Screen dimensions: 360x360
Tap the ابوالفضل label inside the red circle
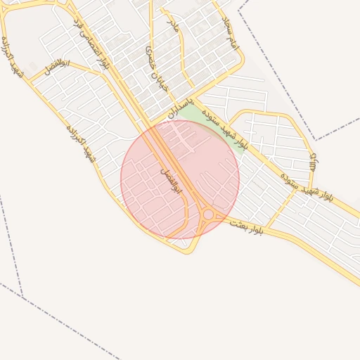click(x=171, y=181)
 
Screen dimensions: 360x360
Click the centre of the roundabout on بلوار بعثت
click(x=208, y=214)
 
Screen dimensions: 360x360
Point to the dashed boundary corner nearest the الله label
click(x=316, y=139)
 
